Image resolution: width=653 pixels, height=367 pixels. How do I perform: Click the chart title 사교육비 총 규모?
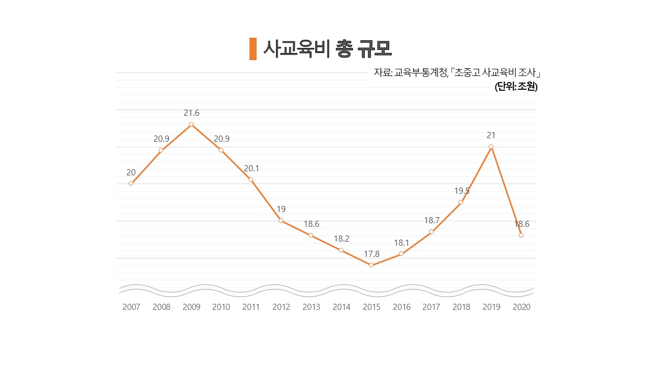pyautogui.click(x=327, y=48)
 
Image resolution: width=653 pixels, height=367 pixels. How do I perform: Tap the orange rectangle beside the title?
pyautogui.click(x=253, y=49)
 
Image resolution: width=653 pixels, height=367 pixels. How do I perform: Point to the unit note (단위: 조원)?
pyautogui.click(x=516, y=87)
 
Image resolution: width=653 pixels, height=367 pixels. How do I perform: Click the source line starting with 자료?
pyautogui.click(x=457, y=72)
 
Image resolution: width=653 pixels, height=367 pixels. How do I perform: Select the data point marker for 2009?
pyautogui.click(x=191, y=124)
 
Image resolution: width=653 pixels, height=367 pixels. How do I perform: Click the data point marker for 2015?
pyautogui.click(x=371, y=265)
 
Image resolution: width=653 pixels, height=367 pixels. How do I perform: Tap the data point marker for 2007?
pyautogui.click(x=131, y=183)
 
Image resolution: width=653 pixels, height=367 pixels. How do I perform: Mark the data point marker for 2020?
pyautogui.click(x=521, y=235)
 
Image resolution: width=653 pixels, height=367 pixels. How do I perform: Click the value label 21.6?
pyautogui.click(x=191, y=113)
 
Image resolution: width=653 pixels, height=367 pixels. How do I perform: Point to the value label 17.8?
pyautogui.click(x=371, y=254)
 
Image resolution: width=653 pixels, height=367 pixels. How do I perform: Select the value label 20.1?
pyautogui.click(x=251, y=168)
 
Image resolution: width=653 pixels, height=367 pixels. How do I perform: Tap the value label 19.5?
pyautogui.click(x=462, y=191)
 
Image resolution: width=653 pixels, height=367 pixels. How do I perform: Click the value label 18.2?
pyautogui.click(x=341, y=239)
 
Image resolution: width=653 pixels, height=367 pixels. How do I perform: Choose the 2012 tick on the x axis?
pyautogui.click(x=281, y=307)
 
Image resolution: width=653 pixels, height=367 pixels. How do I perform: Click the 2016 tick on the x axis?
pyautogui.click(x=401, y=307)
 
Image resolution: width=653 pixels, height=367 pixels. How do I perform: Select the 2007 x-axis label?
pyautogui.click(x=131, y=307)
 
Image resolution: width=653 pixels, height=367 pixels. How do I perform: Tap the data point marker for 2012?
pyautogui.click(x=281, y=221)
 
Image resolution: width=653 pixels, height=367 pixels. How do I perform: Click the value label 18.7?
pyautogui.click(x=432, y=220)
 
